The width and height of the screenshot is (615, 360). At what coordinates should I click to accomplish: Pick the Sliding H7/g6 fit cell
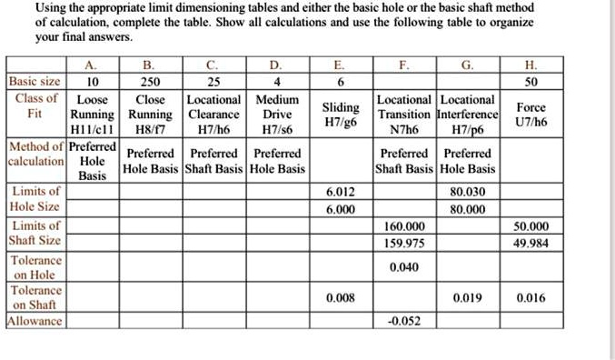pos(340,114)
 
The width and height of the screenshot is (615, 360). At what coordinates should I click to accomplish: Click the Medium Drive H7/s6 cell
pos(277,114)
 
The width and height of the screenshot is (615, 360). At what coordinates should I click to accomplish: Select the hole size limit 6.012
pos(340,192)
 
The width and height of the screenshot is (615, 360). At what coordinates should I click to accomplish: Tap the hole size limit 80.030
pos(468,192)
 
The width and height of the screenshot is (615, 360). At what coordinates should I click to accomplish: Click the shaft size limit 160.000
pos(405,225)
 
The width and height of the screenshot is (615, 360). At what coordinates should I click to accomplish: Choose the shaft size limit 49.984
pos(531,242)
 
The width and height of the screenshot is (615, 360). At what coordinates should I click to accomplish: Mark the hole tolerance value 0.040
pos(404,268)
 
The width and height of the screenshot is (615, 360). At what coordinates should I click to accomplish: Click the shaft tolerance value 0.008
pos(340,297)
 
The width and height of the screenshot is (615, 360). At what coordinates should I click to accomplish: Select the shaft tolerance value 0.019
pos(468,297)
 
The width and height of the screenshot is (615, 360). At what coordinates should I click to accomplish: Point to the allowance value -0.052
pos(404,322)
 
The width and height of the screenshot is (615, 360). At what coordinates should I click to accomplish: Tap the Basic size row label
pos(35,81)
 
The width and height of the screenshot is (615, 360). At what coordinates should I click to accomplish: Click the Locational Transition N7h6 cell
pos(405,114)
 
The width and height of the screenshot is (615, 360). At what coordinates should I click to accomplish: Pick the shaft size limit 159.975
pos(405,242)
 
